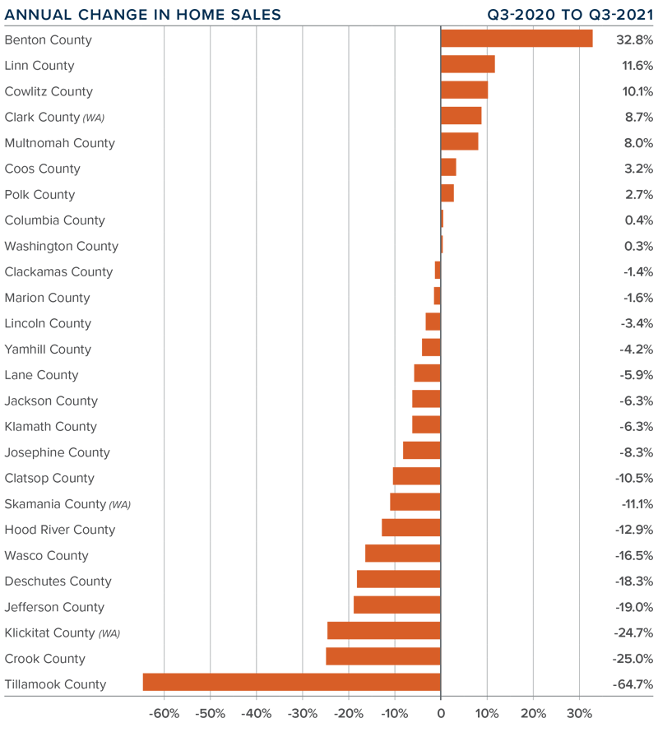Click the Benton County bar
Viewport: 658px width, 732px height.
click(517, 39)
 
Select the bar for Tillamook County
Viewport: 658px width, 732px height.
click(292, 683)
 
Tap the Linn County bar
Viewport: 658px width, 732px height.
click(467, 64)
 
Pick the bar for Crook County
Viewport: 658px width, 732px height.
click(383, 657)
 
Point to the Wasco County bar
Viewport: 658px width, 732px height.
click(403, 554)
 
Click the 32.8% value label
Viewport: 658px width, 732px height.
click(634, 39)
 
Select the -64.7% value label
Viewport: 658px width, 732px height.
click(633, 683)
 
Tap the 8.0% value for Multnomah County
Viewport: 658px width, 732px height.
click(637, 142)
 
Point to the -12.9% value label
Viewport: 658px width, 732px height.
click(634, 529)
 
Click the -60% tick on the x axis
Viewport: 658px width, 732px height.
click(164, 713)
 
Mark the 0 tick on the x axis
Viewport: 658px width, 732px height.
click(441, 713)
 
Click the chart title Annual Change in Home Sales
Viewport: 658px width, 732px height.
click(143, 14)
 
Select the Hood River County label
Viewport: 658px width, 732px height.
click(60, 530)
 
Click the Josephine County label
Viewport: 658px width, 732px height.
click(57, 452)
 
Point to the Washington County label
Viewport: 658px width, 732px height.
click(62, 246)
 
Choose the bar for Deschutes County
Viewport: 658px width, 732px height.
click(399, 580)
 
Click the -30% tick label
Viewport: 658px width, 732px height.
click(303, 713)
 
